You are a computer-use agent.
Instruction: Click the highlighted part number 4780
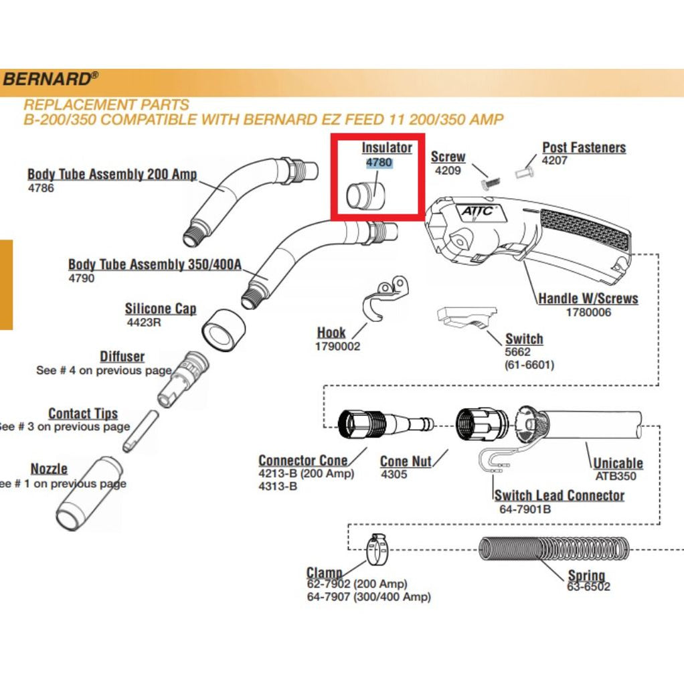379,163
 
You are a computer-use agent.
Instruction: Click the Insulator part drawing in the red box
365,193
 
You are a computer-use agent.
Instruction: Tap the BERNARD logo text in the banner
46,79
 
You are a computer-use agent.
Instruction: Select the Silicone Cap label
161,309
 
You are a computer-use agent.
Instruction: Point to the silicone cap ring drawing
222,330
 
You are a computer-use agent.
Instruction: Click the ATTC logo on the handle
477,211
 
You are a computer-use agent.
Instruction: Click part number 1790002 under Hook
337,347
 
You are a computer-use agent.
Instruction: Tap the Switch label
524,339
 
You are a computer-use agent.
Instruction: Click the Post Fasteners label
584,147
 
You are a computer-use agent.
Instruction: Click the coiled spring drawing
555,549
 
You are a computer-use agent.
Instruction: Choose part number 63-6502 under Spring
589,587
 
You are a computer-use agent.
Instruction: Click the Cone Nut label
406,461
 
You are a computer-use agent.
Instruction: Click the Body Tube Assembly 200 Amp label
112,174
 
